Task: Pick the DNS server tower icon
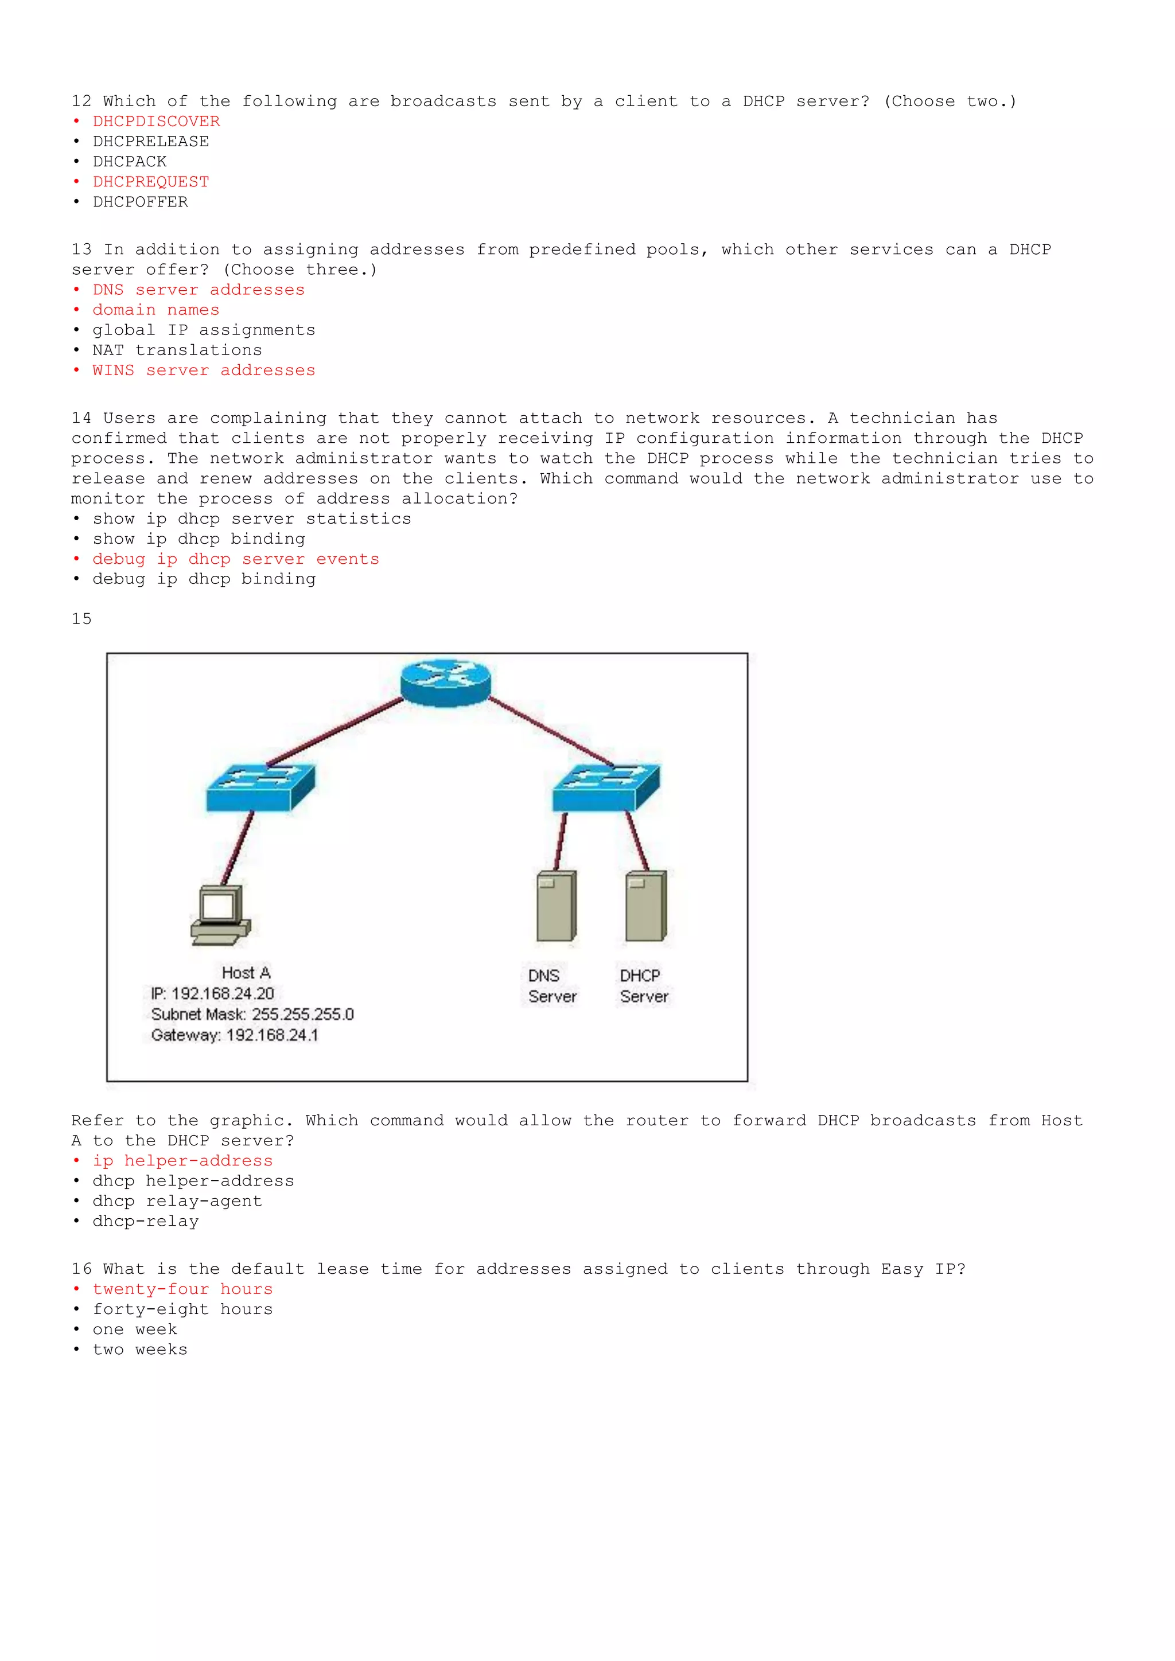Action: [x=556, y=906]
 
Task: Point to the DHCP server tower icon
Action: [x=645, y=906]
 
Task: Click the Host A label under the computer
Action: [x=246, y=973]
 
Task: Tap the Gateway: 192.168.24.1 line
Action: [x=235, y=1035]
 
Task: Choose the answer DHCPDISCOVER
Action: [x=156, y=122]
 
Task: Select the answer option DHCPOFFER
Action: [x=141, y=202]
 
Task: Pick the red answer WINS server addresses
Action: [x=203, y=371]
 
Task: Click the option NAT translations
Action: [x=177, y=350]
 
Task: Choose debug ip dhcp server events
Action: [x=236, y=559]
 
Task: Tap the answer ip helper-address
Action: [x=182, y=1161]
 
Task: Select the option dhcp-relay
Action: [x=145, y=1222]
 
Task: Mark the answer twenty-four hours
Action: [x=182, y=1289]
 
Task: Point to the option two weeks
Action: [x=139, y=1350]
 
